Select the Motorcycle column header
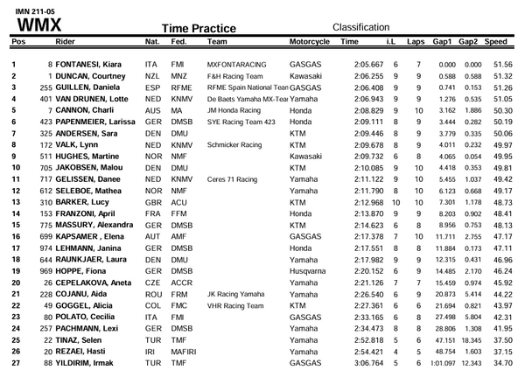[x=309, y=41]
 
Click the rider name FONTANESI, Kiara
[x=92, y=65]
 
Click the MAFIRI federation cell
[x=184, y=350]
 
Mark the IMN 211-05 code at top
[x=26, y=8]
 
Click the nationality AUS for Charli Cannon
[x=152, y=111]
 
